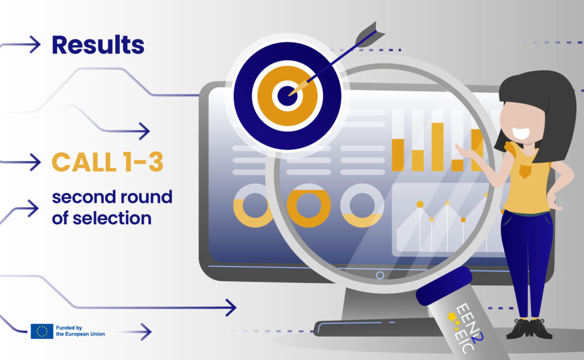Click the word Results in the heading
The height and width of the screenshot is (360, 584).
[x=98, y=45]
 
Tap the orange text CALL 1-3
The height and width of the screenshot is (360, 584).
[x=108, y=162]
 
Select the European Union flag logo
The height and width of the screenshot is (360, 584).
[x=42, y=331]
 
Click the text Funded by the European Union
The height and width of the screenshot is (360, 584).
[x=80, y=331]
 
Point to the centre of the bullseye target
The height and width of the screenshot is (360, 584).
[x=287, y=96]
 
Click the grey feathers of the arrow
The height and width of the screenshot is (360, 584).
[x=369, y=34]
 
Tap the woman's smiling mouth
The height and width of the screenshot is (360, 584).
[x=521, y=133]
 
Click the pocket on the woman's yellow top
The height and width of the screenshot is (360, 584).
[x=525, y=171]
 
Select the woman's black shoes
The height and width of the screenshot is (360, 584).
[x=529, y=328]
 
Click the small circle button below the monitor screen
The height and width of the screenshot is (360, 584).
[x=380, y=276]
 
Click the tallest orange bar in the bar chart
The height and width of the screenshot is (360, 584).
[x=437, y=147]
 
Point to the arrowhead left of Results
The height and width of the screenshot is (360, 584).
[x=34, y=45]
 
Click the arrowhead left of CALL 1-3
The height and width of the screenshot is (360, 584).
[x=34, y=162]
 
